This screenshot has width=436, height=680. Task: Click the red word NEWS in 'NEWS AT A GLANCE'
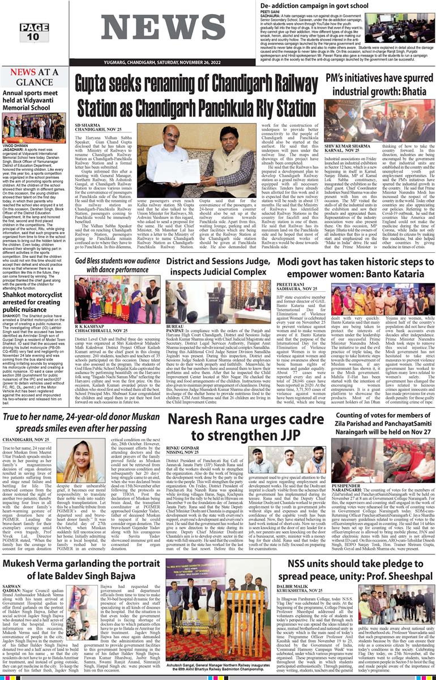(23, 72)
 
